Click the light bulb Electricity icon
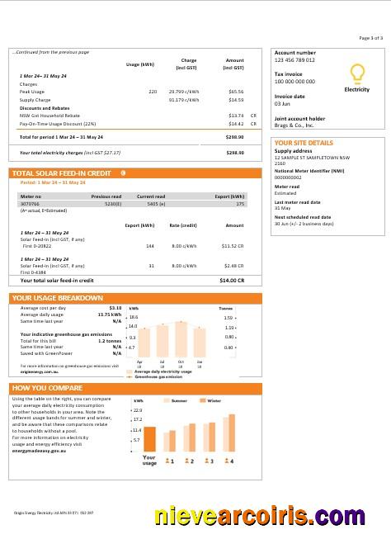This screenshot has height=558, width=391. (356, 73)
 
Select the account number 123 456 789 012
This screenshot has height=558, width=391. (294, 61)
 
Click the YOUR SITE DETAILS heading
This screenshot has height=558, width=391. (304, 143)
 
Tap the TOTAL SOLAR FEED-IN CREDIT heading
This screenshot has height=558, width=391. (62, 173)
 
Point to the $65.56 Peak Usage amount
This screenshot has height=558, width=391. (236, 92)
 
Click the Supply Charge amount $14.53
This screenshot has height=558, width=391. (236, 100)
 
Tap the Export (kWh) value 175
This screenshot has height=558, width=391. (240, 203)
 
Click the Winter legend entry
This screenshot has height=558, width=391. (213, 400)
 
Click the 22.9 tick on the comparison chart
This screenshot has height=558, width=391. (138, 409)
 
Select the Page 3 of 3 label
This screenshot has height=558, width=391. (370, 38)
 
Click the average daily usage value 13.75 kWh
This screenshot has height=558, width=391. (110, 314)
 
